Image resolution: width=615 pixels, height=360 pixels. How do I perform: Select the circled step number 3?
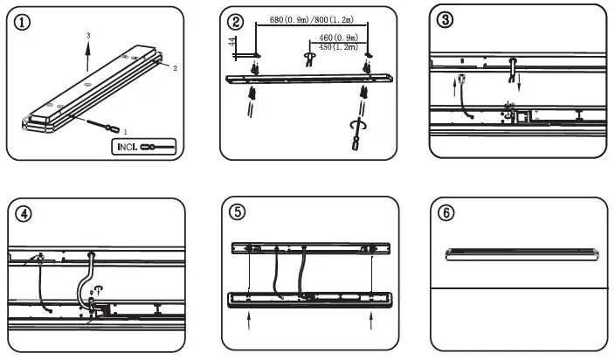(446, 23)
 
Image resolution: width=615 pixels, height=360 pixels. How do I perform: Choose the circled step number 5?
(237, 211)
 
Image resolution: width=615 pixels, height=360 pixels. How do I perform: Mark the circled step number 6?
(446, 212)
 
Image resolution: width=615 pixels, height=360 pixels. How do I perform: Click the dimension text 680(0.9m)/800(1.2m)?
(312, 19)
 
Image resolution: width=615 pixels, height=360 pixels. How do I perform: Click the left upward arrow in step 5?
(248, 324)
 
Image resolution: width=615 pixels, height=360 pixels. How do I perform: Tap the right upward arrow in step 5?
(373, 324)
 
